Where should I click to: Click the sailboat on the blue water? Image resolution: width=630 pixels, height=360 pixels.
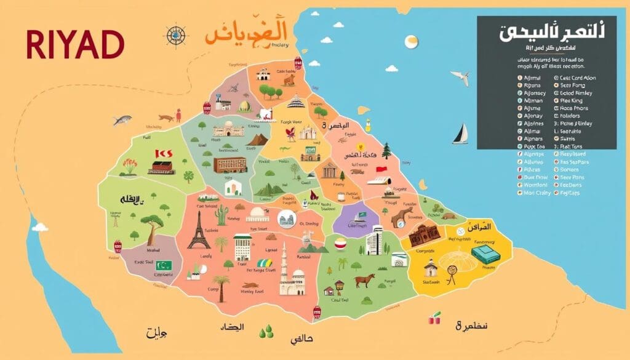click(461, 134)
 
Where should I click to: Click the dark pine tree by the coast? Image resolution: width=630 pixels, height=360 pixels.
click(386, 150)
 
